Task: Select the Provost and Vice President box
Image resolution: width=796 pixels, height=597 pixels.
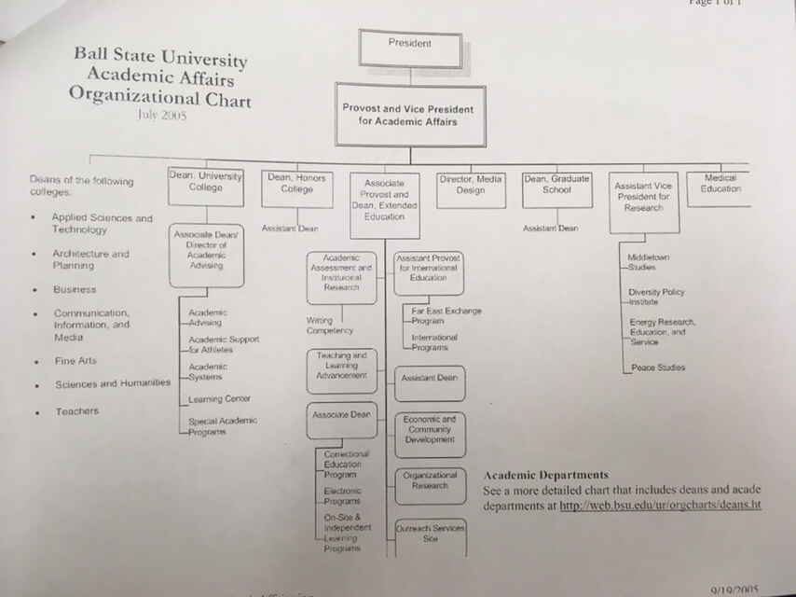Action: (x=410, y=115)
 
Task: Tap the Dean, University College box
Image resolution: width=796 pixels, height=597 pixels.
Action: (x=205, y=184)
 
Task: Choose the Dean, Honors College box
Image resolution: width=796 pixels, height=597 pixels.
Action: (x=295, y=186)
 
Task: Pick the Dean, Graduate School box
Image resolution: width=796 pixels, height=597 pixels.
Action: (x=556, y=186)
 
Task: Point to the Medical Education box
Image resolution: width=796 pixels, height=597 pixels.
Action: (x=721, y=185)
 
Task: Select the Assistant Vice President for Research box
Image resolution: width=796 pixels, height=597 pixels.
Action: (x=643, y=197)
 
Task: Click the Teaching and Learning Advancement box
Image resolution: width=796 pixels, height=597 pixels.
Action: (x=342, y=367)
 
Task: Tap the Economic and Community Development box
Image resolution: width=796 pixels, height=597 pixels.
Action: (x=430, y=428)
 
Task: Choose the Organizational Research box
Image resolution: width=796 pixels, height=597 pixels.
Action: (x=430, y=480)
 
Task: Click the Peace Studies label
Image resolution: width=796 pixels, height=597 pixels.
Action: (x=657, y=368)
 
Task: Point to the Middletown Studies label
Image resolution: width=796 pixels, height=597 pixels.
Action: (x=649, y=261)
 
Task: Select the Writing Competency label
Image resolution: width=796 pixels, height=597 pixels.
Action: (x=329, y=326)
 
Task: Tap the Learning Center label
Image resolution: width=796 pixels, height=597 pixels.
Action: (x=212, y=399)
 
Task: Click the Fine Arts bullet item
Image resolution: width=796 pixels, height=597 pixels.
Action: (x=75, y=360)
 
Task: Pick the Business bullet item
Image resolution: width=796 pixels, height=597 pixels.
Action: (x=74, y=289)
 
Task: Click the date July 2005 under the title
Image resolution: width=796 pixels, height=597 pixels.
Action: (x=161, y=117)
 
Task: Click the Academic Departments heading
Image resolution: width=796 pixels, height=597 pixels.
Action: (x=546, y=475)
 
